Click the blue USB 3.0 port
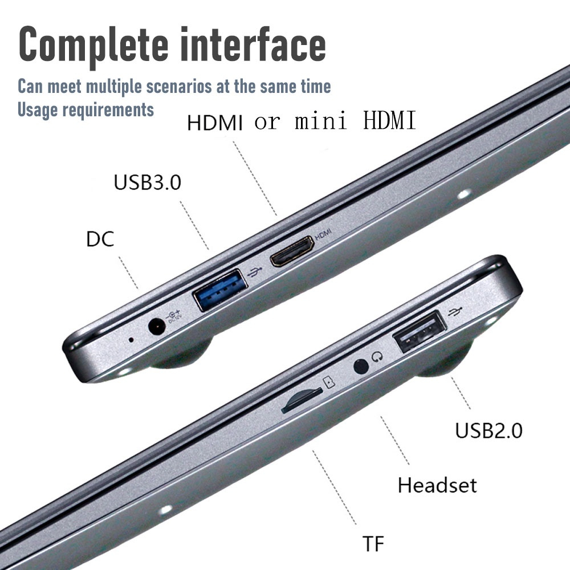[221, 290]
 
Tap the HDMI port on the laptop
[292, 251]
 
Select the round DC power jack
[157, 326]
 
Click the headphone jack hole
[361, 367]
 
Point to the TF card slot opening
[302, 400]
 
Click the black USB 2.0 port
[420, 332]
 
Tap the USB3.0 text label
[147, 182]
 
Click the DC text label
[100, 239]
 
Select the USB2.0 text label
[488, 430]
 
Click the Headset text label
[437, 485]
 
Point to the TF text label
[373, 544]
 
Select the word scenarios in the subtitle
[179, 87]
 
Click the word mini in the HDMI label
[320, 120]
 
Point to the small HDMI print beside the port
[323, 234]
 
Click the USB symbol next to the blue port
[255, 271]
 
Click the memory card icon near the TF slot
[329, 382]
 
